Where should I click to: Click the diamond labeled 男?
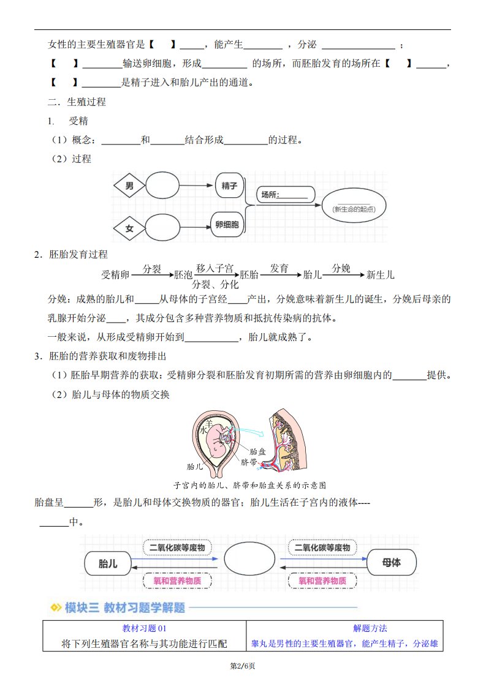(129, 186)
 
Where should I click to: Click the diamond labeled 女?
(129, 228)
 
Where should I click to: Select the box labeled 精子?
(230, 186)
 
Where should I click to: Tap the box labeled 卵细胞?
(227, 225)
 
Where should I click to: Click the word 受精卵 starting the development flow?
(115, 274)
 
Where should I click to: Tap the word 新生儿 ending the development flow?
(381, 274)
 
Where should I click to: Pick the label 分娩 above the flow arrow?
(341, 268)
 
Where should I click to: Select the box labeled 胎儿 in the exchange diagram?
(108, 563)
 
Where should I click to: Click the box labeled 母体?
(392, 562)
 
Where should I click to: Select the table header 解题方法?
(370, 628)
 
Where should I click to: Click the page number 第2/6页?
(242, 666)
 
